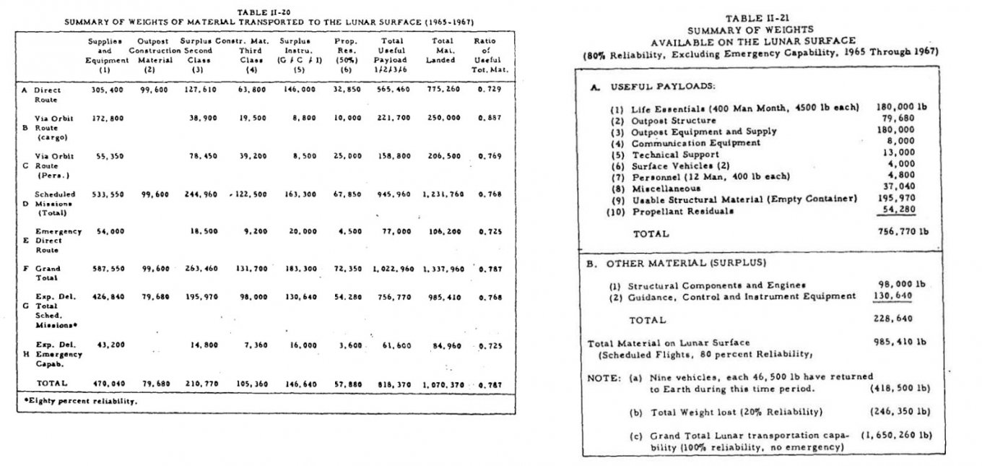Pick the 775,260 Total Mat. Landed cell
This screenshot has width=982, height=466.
click(443, 91)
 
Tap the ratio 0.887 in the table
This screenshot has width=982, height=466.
click(485, 117)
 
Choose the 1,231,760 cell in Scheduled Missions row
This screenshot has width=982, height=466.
click(443, 194)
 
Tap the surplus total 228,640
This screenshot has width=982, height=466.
click(895, 319)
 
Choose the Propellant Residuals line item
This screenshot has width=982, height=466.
click(683, 211)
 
